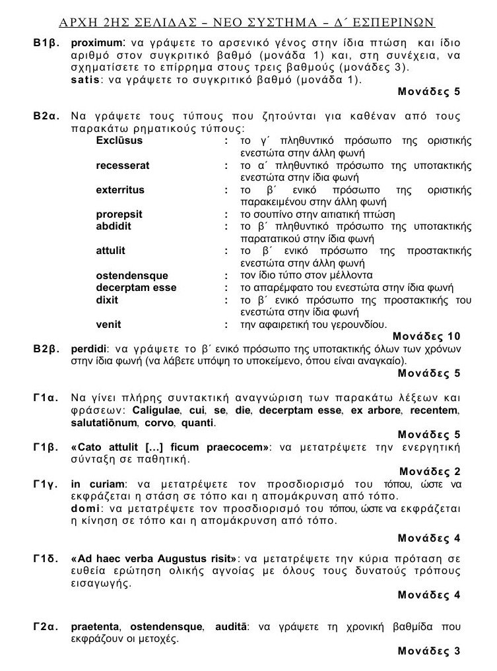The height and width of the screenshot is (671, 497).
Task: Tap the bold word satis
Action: pos(84,80)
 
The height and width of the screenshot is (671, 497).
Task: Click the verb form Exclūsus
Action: pos(119,141)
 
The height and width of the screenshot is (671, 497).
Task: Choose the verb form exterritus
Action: pos(120,190)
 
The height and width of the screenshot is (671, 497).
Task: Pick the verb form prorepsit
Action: pos(119,214)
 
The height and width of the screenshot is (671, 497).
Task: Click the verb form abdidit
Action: pos(114,226)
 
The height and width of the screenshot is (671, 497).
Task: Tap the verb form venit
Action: pos(109,324)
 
